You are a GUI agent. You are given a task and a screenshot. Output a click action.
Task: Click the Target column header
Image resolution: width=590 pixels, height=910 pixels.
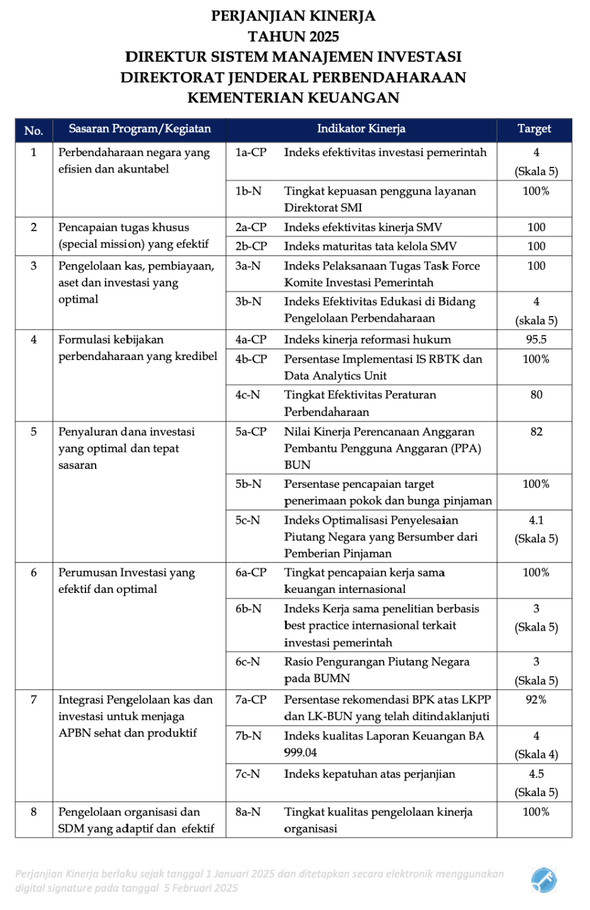coord(534,129)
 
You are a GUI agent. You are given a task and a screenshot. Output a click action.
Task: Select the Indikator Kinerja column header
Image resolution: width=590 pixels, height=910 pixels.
coord(361,129)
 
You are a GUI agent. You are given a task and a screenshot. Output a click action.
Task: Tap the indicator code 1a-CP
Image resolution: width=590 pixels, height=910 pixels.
coord(251,152)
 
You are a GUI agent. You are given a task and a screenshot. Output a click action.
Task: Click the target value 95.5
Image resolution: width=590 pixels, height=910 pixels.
coord(536,340)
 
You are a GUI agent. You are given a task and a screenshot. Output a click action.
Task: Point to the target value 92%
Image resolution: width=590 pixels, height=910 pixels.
coord(536,700)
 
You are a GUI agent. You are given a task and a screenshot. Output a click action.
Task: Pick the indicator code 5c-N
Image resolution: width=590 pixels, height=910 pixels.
coord(248,520)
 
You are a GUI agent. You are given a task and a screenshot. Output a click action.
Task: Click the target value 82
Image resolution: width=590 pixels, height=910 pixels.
coord(536,432)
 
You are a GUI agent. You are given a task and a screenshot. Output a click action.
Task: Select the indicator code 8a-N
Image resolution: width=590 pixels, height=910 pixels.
coord(248,812)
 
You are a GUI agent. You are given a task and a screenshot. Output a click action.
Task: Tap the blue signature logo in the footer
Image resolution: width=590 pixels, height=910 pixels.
coord(543,880)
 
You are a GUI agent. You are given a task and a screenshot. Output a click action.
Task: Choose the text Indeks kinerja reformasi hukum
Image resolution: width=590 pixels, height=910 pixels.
coord(367,340)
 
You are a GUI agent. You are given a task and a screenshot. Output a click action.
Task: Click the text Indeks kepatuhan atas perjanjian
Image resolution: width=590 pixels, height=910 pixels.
coord(369,774)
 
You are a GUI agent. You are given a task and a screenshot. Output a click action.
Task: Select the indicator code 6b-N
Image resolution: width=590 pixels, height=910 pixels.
coord(248,609)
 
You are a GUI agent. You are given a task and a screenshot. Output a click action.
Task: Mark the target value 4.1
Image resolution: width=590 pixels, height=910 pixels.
coord(536,520)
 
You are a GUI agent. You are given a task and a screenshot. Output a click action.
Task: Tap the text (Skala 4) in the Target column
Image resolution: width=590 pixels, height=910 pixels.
coord(536,755)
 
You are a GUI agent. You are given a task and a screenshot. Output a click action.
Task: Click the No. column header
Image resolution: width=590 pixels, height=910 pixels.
coord(34,130)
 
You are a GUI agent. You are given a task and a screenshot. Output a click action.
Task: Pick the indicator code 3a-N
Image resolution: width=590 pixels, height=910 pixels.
coord(248,266)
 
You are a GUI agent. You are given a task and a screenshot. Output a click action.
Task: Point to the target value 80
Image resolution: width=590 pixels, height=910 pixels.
coord(536,395)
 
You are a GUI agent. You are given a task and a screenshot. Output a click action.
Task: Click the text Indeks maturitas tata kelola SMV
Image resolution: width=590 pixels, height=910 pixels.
coord(370,246)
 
